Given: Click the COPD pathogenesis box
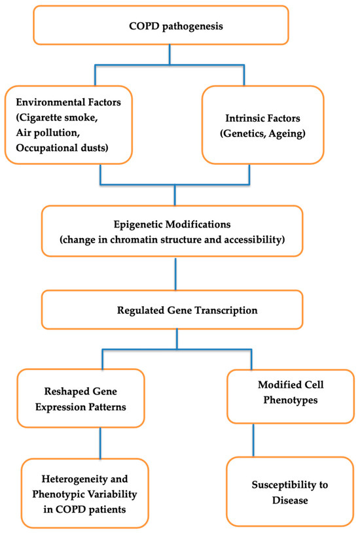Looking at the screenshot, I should coord(170,27).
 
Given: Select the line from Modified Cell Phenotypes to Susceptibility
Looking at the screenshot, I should coord(252,439).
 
